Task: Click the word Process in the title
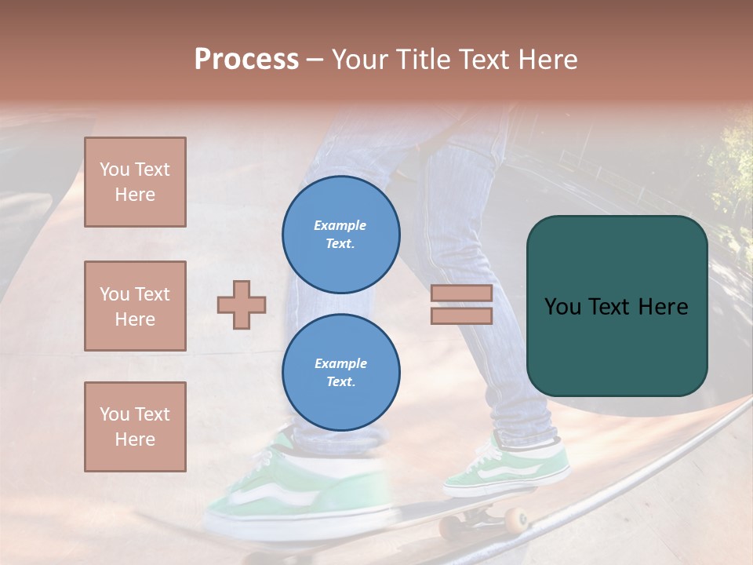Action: (x=246, y=60)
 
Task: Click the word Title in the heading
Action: (x=424, y=60)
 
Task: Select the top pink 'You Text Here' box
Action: (x=135, y=182)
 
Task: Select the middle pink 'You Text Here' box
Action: (x=135, y=306)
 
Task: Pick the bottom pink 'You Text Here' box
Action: (x=135, y=426)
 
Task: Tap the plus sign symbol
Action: (x=242, y=304)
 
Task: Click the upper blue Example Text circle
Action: (x=340, y=234)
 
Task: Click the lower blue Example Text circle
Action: (x=340, y=372)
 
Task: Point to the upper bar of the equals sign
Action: (x=461, y=293)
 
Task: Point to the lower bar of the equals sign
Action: (x=461, y=315)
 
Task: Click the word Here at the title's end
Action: (x=547, y=60)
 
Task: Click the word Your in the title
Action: (x=360, y=60)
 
